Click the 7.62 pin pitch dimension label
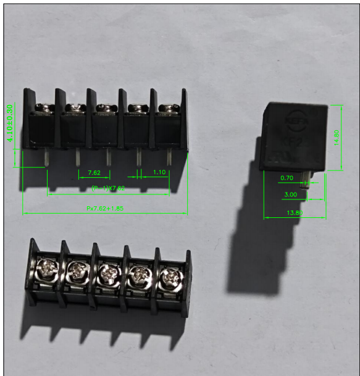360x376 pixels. [94, 172]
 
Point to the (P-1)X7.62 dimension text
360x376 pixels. [108, 188]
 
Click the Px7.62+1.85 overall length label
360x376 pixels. [104, 209]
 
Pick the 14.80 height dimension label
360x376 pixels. [336, 137]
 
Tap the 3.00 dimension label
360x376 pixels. [290, 194]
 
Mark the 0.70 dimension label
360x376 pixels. [287, 178]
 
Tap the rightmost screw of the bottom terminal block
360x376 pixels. [169, 275]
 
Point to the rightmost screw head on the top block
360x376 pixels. [166, 109]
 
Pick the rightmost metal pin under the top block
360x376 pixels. [169, 159]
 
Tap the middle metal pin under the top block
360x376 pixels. [108, 159]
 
